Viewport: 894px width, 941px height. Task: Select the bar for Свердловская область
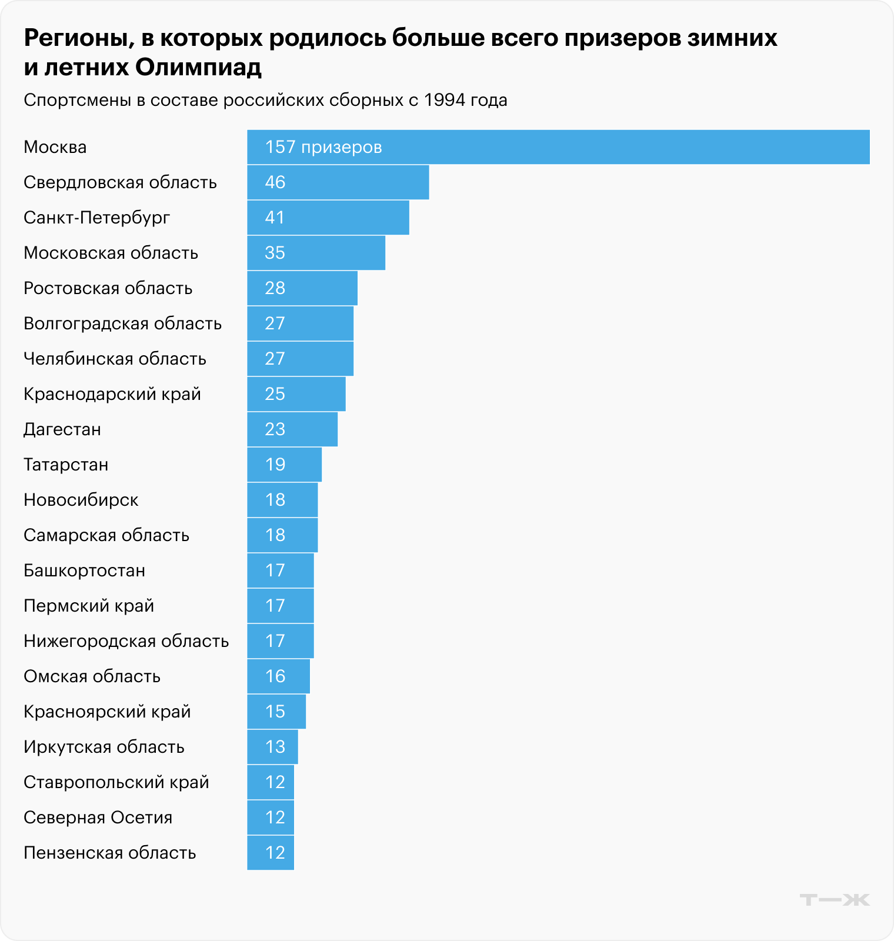pos(338,182)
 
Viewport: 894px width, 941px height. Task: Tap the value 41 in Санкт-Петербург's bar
pos(275,218)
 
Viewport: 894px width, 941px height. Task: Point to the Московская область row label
pos(111,253)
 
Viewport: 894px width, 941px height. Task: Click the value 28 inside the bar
pos(275,288)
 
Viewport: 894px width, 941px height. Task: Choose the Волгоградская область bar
pos(300,323)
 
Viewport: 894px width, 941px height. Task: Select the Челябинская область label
pos(115,359)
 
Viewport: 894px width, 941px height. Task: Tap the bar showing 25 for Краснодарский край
pos(296,394)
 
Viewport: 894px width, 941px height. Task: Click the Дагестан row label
pos(62,429)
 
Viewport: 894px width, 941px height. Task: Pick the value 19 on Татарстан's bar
pos(275,465)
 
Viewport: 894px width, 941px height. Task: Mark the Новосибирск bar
pos(282,500)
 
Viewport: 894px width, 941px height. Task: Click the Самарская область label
pos(106,535)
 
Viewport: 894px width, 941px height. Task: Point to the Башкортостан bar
pos(280,570)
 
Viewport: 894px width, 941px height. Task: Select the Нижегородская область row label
pos(126,641)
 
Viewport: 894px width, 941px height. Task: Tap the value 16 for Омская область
pos(275,676)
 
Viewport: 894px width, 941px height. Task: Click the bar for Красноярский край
pos(276,712)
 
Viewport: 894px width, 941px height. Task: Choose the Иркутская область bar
pos(272,747)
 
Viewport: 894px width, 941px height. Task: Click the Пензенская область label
pos(109,853)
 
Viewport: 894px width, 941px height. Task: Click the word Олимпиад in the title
pos(198,68)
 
